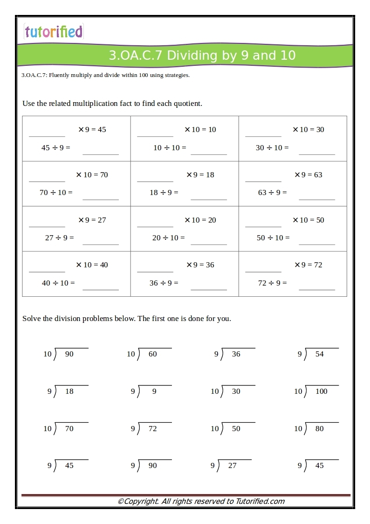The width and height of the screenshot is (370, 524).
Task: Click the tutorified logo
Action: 54,32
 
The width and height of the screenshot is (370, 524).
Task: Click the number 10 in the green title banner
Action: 288,56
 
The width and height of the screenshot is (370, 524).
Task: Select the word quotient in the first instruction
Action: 186,104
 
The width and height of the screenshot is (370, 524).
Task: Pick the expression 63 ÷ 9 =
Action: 272,193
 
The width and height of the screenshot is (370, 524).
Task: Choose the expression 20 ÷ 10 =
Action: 168,238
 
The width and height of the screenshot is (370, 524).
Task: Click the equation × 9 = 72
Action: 308,265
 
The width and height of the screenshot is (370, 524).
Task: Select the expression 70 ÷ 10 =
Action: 56,193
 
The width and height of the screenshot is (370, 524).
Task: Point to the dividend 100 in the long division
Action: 321,391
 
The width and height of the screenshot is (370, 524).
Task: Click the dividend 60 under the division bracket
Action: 152,354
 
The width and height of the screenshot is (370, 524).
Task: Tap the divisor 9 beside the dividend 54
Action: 300,354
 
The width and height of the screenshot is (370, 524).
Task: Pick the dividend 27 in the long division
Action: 232,466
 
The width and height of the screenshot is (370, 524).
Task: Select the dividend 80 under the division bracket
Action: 319,429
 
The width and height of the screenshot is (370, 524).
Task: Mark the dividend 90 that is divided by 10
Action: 69,354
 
